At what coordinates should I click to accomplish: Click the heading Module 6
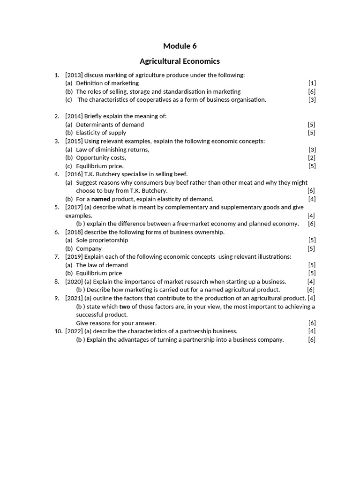180,46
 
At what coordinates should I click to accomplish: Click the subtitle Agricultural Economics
180,61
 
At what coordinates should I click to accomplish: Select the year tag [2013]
74,75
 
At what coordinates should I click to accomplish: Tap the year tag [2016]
74,174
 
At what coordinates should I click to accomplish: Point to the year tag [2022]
74,331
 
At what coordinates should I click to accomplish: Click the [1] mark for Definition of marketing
312,83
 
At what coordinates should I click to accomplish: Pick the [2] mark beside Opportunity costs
312,157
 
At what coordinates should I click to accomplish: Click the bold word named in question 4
101,199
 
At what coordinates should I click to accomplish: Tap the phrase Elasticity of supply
101,133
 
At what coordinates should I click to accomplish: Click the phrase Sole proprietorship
102,240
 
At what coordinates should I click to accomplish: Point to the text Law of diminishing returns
112,150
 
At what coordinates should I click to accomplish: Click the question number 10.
58,331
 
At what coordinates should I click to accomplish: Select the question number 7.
57,256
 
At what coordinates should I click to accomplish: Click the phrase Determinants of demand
110,125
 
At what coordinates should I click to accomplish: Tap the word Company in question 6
89,248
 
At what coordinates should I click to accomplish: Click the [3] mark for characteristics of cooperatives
312,100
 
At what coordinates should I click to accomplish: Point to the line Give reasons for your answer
116,323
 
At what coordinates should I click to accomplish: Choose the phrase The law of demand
102,265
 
